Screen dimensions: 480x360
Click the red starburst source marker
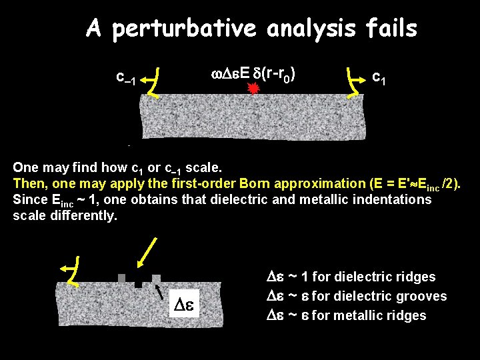coord(253,89)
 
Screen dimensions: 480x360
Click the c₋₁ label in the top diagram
coord(125,79)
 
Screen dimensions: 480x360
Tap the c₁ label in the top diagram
coord(378,78)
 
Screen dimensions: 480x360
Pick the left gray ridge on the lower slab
coord(121,278)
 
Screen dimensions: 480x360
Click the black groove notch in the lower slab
coord(138,283)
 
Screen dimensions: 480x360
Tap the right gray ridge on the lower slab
coord(156,278)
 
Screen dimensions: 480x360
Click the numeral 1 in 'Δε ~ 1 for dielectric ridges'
coord(303,277)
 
